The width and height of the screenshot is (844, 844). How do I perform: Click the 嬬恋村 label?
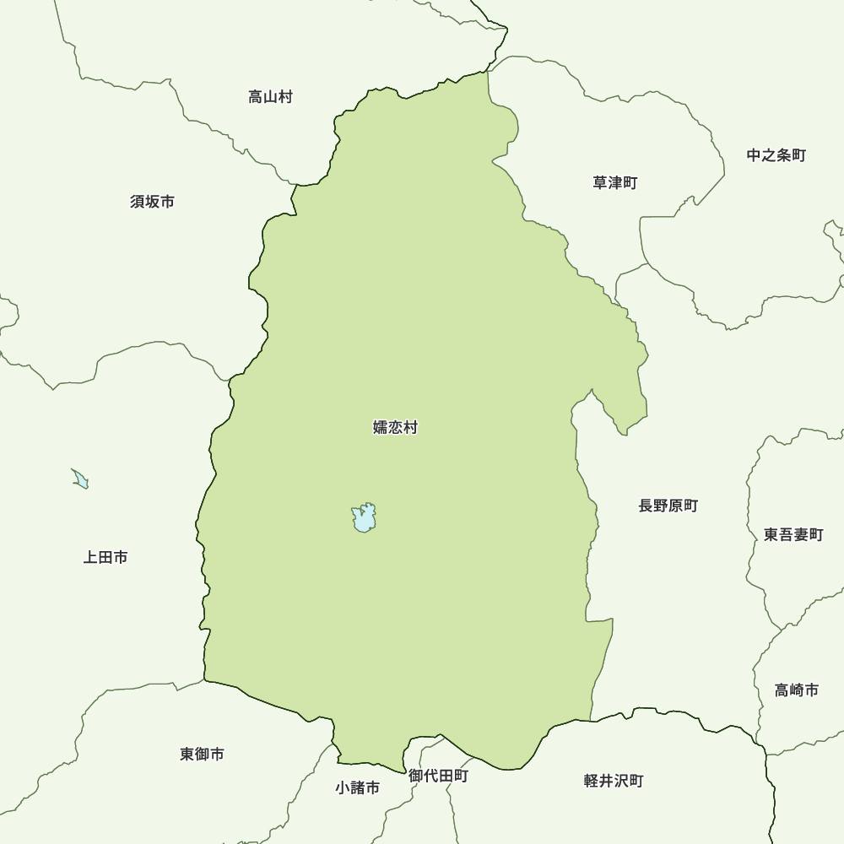395,428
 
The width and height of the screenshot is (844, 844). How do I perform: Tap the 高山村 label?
270,97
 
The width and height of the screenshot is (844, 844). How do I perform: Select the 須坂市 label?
153,202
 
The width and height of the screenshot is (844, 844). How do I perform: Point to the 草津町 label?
615,182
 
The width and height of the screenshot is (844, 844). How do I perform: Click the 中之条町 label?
776,155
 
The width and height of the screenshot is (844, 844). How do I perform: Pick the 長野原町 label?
668,506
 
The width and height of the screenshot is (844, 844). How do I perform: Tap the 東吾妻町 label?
793,534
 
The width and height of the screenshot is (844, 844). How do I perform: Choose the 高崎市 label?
797,690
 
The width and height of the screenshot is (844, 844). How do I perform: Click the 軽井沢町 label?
614,781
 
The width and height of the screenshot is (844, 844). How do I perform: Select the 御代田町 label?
438,776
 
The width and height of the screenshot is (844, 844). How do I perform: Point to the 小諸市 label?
357,787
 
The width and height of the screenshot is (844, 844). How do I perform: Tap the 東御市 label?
203,754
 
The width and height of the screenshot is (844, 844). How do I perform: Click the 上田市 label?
105,557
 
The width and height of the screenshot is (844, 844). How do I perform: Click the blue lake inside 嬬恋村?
364,518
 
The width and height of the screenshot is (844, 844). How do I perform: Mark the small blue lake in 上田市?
81,479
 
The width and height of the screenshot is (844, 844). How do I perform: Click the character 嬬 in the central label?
381,428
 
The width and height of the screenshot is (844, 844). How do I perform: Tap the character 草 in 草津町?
601,182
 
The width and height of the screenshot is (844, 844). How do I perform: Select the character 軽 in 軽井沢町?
592,781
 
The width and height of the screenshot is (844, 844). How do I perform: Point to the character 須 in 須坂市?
138,202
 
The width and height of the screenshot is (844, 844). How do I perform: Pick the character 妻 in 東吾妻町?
801,534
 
